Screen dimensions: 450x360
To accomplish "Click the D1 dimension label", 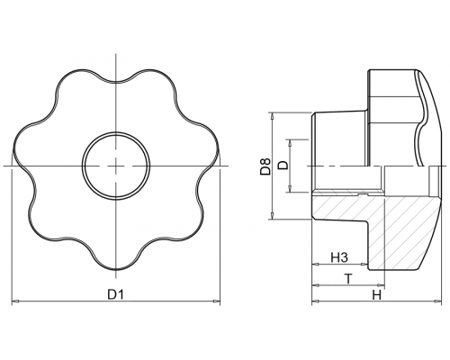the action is (x=116, y=294).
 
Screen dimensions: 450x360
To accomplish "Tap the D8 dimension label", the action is (x=265, y=166).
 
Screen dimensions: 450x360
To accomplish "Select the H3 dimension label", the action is (x=339, y=257).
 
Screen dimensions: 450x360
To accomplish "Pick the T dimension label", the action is (x=348, y=279).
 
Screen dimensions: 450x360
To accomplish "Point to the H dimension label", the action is (x=377, y=295).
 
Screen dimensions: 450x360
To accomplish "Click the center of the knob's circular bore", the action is (x=116, y=166).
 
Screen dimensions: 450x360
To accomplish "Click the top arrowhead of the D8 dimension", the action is (x=272, y=116).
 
